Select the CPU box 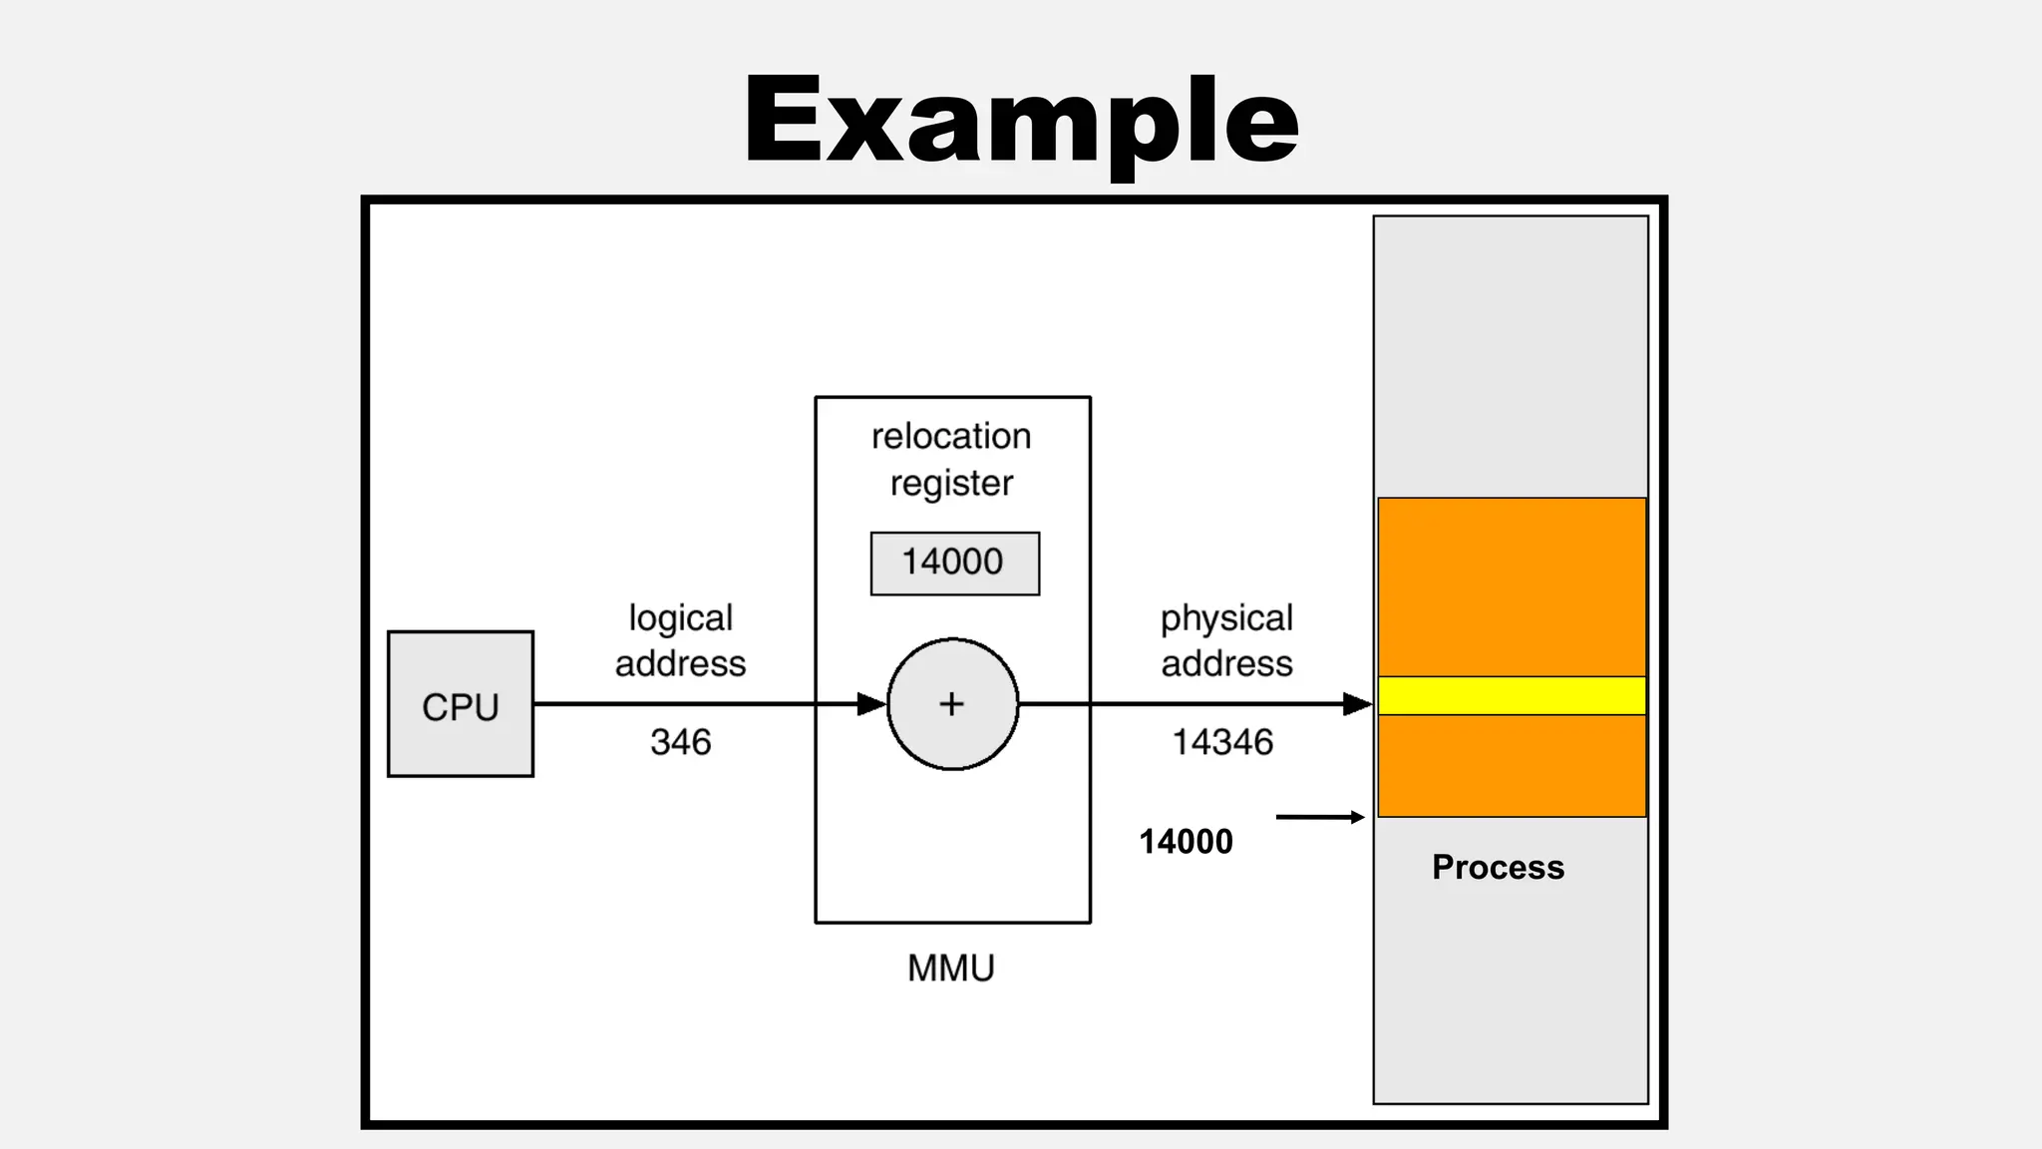click(460, 704)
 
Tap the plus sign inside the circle click(952, 704)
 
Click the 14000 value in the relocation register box click(953, 563)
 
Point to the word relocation click(951, 437)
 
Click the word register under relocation click(951, 484)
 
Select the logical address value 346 click(680, 742)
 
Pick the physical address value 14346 click(1222, 742)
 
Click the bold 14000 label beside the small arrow click(1186, 842)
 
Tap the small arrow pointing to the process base click(1320, 817)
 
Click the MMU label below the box click(951, 968)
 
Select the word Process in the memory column click(1498, 868)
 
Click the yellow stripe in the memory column click(1512, 695)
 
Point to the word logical click(680, 618)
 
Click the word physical click(1226, 618)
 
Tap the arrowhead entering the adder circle click(871, 704)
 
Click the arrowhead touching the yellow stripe click(1358, 704)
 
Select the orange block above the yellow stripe click(1512, 586)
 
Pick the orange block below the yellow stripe click(1512, 765)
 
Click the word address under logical click(680, 664)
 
